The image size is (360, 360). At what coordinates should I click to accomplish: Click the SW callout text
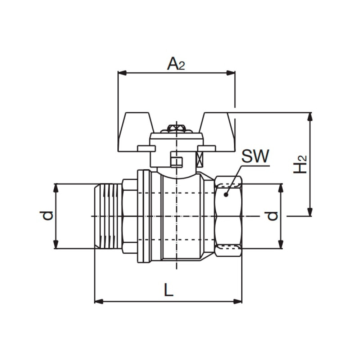(255, 157)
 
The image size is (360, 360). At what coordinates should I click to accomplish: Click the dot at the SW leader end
(226, 195)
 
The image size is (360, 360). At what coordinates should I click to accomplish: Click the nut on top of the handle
(176, 129)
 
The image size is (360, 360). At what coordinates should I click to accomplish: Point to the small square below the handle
(176, 161)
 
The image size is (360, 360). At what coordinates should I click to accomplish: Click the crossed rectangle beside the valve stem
(200, 158)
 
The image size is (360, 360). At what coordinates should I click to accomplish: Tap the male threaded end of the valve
(107, 216)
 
